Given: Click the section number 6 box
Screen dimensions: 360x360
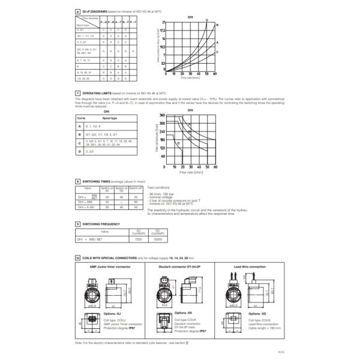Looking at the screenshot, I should pyautogui.click(x=77, y=11).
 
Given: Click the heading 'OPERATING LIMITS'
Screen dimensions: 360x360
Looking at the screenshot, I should pyautogui.click(x=97, y=94).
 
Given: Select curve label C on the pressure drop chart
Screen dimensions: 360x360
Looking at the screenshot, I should pyautogui.click(x=217, y=53).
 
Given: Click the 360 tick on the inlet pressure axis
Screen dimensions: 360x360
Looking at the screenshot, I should pyautogui.click(x=161, y=115).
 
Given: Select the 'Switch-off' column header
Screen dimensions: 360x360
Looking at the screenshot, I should pyautogui.click(x=137, y=188).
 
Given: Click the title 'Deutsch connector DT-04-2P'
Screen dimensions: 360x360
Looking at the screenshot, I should pyautogui.click(x=178, y=266).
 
